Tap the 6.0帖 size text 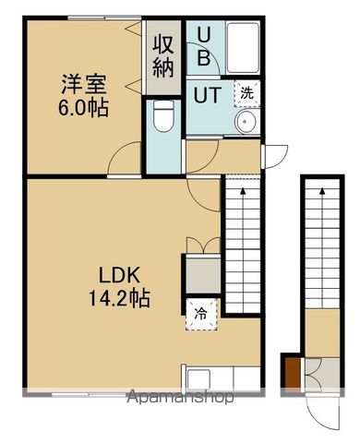tap(80, 108)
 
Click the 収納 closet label tap(163, 56)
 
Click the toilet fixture tap(163, 117)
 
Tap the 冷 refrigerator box tap(200, 313)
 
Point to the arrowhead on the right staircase tap(323, 187)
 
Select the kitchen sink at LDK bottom tap(212, 378)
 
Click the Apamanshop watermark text tap(180, 398)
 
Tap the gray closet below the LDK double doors tap(203, 273)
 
